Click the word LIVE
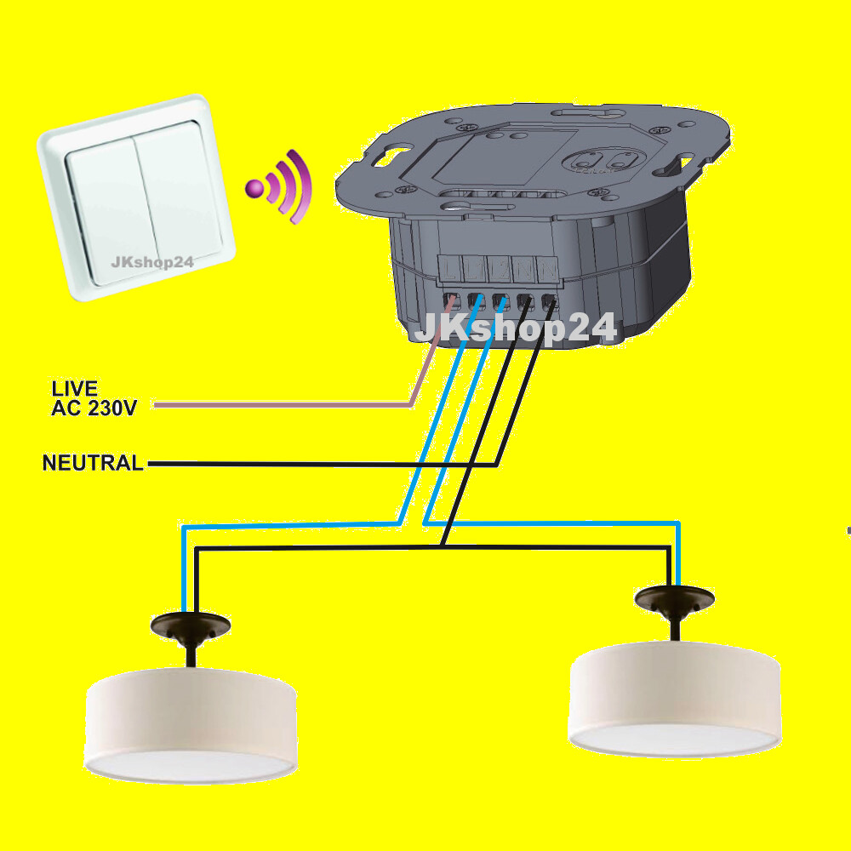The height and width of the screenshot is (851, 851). click(74, 389)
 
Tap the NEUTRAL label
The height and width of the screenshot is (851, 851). click(93, 464)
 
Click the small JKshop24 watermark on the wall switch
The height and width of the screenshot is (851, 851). click(151, 261)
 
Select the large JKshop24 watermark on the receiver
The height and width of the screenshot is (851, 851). click(514, 327)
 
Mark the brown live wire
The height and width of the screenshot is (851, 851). click(281, 405)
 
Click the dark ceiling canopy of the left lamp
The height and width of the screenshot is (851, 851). click(190, 625)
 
